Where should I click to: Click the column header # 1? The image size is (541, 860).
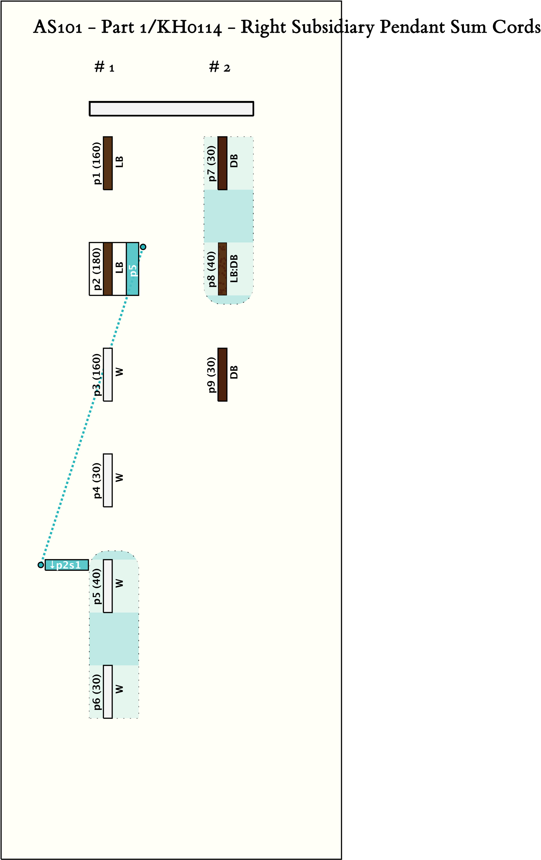pyautogui.click(x=104, y=67)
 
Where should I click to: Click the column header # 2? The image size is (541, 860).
pyautogui.click(x=219, y=67)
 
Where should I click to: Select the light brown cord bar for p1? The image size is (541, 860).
pyautogui.click(x=108, y=163)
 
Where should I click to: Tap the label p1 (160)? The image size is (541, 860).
pyautogui.click(x=97, y=163)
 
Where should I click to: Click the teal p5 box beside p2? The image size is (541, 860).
pyautogui.click(x=132, y=269)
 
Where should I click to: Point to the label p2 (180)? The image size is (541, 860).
pyautogui.click(x=97, y=269)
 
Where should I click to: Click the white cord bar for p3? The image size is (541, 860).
pyautogui.click(x=108, y=375)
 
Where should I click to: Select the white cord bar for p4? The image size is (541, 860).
pyautogui.click(x=108, y=480)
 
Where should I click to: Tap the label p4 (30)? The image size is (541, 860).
pyautogui.click(x=97, y=480)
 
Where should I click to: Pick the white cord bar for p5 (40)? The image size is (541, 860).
pyautogui.click(x=108, y=586)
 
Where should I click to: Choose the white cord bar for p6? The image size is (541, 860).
pyautogui.click(x=108, y=692)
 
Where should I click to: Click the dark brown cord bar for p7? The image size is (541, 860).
pyautogui.click(x=222, y=163)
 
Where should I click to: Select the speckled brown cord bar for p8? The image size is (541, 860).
pyautogui.click(x=222, y=269)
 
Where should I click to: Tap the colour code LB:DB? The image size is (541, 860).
pyautogui.click(x=234, y=269)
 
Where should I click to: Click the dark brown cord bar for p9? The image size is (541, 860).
pyautogui.click(x=222, y=375)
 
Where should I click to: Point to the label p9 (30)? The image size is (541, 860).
pyautogui.click(x=212, y=375)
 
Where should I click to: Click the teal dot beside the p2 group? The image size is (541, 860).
pyautogui.click(x=143, y=247)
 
